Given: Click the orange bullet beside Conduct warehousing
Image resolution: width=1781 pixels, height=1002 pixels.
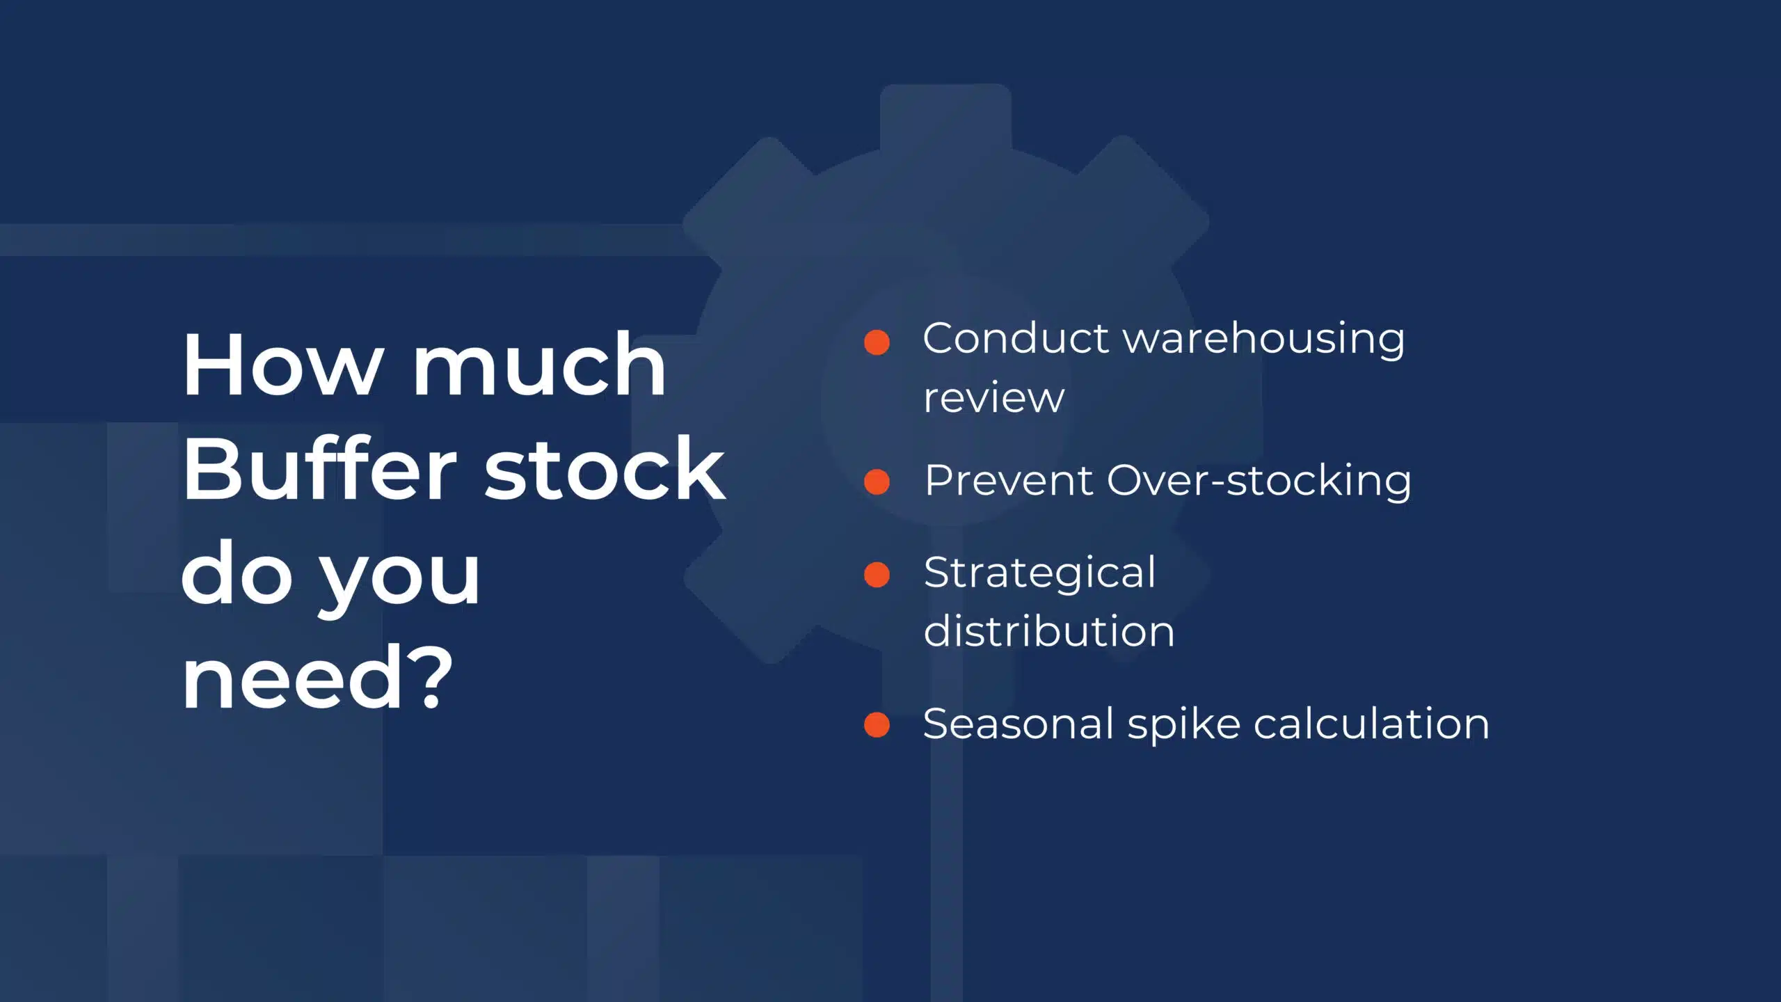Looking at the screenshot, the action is coord(877,342).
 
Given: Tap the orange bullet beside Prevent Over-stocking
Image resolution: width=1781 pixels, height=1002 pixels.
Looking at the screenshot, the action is coord(877,482).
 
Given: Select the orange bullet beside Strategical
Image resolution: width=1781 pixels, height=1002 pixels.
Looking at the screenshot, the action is coord(877,575).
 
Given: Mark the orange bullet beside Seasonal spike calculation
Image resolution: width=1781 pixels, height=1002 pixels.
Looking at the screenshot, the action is coord(877,724).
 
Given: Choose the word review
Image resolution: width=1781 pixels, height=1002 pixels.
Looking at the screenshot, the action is coord(994,399).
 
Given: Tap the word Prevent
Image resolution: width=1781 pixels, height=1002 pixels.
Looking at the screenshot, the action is coord(1009,480).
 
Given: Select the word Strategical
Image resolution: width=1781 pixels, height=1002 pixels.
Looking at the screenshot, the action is coord(1040,574).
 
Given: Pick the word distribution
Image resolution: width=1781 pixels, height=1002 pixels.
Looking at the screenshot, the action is coord(1049,631).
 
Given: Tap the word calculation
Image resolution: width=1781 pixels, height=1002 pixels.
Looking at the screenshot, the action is coord(1371,724).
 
